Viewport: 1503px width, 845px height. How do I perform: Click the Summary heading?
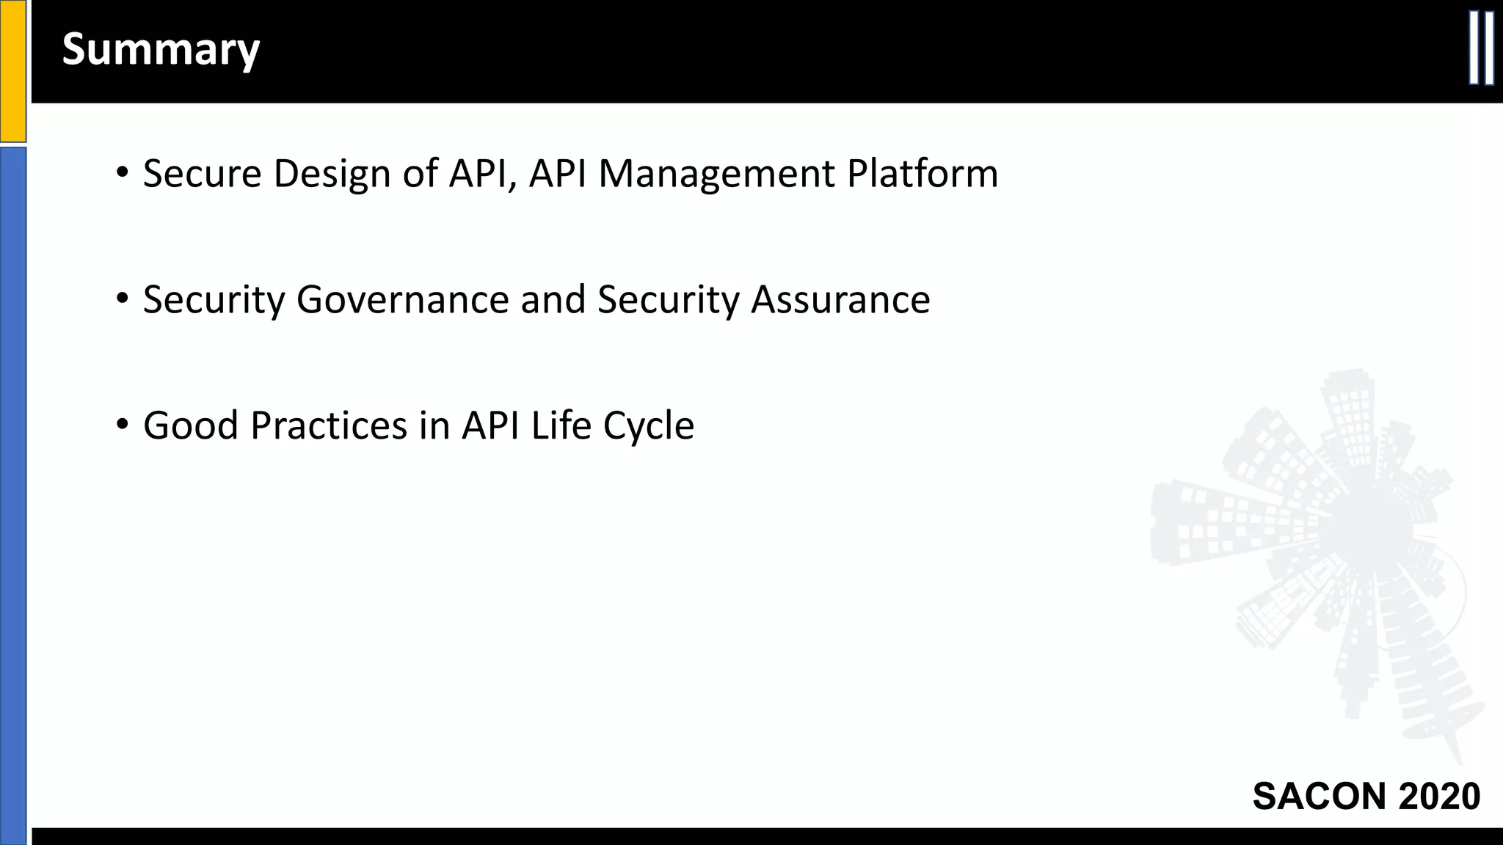pyautogui.click(x=161, y=49)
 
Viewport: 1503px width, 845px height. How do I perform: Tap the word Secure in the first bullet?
pyautogui.click(x=202, y=174)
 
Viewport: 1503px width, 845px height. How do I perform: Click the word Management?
pyautogui.click(x=716, y=174)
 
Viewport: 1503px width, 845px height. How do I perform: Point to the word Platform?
pyautogui.click(x=922, y=174)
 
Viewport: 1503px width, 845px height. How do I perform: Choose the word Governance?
pyautogui.click(x=402, y=300)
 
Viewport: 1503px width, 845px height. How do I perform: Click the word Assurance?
pyautogui.click(x=840, y=300)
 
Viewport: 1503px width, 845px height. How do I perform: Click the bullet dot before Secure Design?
pyautogui.click(x=123, y=174)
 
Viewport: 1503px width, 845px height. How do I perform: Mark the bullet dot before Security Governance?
pyautogui.click(x=123, y=299)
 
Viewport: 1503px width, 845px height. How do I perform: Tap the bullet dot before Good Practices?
pyautogui.click(x=123, y=425)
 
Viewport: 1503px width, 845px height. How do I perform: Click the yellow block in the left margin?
pyautogui.click(x=12, y=70)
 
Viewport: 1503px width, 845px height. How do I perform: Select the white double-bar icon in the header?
pyautogui.click(x=1481, y=48)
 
